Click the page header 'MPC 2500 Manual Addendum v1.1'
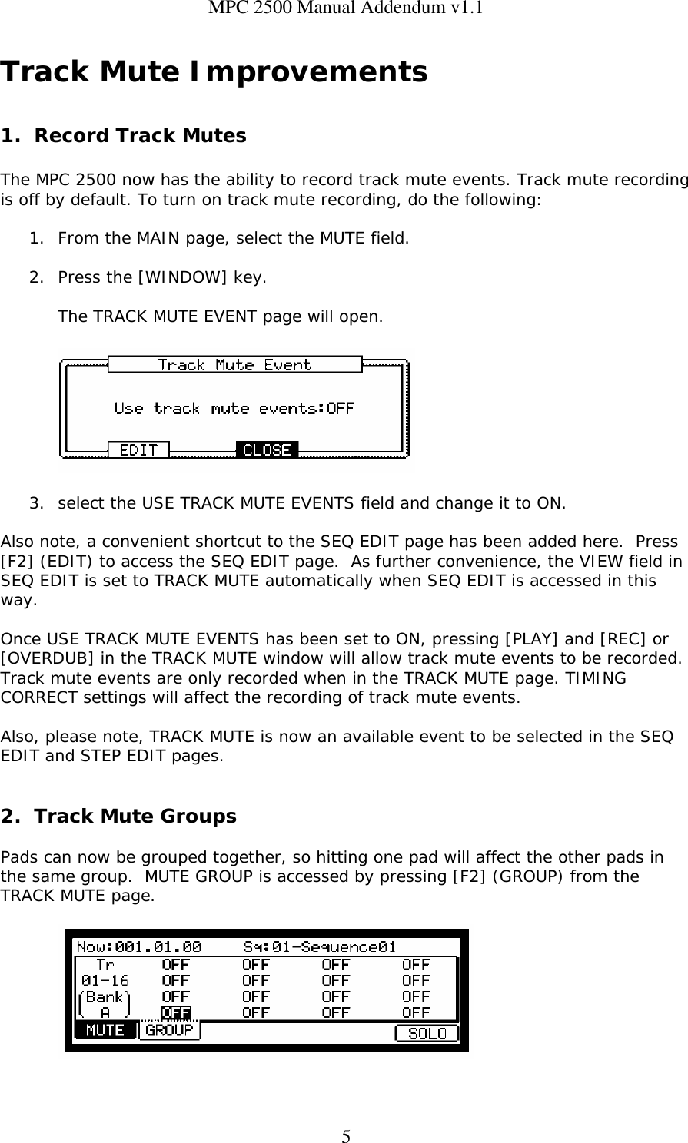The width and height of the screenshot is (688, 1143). pos(344,8)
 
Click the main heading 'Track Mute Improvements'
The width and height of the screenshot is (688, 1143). pos(214,72)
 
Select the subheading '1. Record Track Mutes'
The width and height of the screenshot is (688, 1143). pos(124,136)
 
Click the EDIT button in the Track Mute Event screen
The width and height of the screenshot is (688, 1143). pos(138,450)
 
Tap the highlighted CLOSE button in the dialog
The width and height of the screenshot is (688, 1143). pos(267,450)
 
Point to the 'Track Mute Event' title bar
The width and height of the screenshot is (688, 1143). pos(234,365)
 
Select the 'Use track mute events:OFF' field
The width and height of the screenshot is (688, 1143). pos(234,409)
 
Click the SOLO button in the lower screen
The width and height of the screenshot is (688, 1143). pos(427,1033)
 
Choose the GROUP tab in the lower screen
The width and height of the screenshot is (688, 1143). pos(169,1031)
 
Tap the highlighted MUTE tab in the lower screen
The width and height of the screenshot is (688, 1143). pos(105,1031)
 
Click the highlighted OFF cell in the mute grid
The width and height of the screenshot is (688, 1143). pos(176,1013)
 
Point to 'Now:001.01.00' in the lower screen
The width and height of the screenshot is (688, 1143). pos(139,947)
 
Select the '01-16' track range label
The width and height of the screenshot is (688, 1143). pos(105,981)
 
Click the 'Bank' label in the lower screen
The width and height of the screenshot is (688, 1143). pos(105,997)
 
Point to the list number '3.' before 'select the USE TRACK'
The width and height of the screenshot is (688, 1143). pos(36,504)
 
